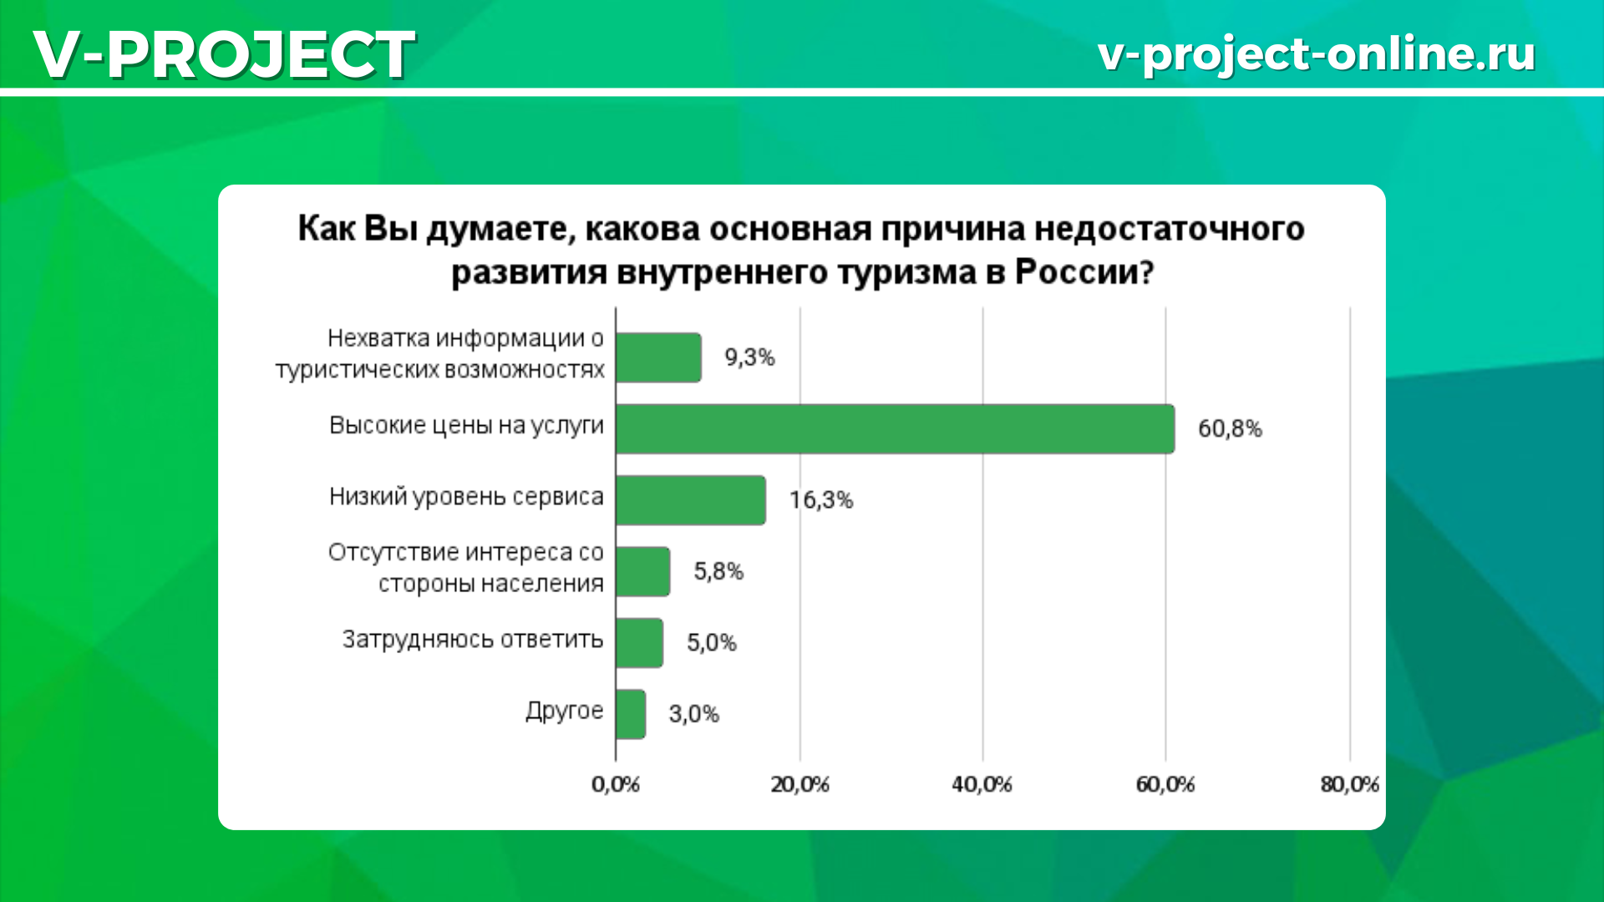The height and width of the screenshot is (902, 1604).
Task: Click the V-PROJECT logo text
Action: (224, 54)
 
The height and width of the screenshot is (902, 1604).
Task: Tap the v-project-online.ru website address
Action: (1317, 54)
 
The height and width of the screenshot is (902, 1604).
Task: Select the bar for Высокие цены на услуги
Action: (895, 429)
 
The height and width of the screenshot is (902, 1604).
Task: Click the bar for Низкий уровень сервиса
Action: (691, 500)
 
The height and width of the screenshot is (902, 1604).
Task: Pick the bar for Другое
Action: (631, 714)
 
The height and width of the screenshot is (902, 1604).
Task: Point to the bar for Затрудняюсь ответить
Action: (639, 643)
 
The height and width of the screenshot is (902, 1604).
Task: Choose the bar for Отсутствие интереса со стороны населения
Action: (642, 572)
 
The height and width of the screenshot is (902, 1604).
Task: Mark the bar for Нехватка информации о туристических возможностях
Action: (658, 357)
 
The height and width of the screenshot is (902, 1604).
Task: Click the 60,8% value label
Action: (1230, 429)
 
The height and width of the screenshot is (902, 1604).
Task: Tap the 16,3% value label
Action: (821, 500)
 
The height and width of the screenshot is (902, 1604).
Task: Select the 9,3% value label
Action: (749, 357)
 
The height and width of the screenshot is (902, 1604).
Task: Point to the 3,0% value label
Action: (693, 714)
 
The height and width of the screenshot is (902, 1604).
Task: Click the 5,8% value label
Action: (718, 572)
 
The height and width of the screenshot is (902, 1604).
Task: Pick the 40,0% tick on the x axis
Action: (982, 785)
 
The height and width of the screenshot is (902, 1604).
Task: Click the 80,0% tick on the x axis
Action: (1349, 785)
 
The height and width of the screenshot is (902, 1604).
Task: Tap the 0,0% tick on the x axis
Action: (616, 785)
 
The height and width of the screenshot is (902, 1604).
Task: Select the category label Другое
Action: (564, 711)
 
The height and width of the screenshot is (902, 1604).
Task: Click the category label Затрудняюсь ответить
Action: (473, 640)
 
